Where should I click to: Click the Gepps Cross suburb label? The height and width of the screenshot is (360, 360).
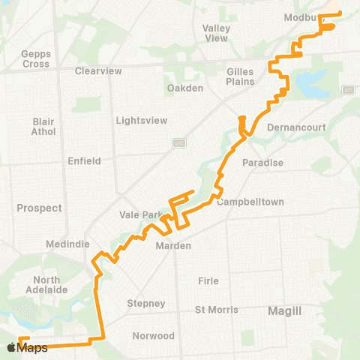click(36, 59)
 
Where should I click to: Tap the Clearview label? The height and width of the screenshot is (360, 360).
click(98, 71)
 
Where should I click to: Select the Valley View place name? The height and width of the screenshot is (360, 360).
click(216, 33)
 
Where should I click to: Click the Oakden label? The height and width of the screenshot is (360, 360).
click(184, 88)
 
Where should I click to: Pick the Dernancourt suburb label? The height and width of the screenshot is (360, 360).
click(296, 127)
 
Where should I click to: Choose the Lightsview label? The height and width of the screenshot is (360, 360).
click(139, 120)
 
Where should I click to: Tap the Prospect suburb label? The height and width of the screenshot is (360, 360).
click(38, 208)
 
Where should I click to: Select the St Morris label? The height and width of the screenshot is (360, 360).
click(216, 310)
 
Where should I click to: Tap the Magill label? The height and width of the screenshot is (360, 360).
click(285, 310)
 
